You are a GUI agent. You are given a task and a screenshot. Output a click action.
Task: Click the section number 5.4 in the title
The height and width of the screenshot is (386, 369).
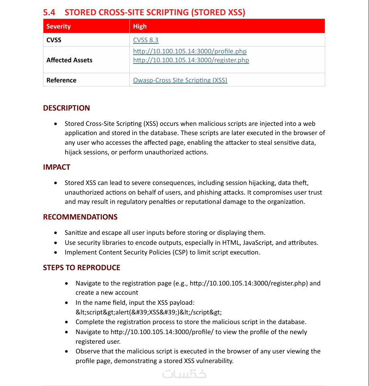click(50, 12)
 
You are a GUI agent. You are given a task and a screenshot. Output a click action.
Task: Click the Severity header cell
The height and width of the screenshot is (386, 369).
click(58, 27)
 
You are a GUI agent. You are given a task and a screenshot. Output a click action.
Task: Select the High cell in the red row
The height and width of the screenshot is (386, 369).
click(140, 27)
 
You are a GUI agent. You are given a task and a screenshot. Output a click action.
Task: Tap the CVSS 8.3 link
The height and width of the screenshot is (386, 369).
click(146, 40)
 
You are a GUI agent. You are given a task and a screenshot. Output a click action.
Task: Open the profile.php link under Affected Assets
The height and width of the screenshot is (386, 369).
click(190, 51)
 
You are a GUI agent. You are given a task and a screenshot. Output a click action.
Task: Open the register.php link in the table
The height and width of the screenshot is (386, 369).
click(191, 60)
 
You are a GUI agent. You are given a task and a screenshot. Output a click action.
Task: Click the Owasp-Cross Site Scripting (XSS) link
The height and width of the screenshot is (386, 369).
click(180, 80)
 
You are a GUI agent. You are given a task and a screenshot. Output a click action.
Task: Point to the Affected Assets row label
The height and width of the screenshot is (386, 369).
click(69, 60)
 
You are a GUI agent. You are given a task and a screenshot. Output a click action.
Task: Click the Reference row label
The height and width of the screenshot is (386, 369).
click(61, 80)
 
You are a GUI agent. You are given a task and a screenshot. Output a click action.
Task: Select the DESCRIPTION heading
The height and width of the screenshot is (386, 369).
click(66, 108)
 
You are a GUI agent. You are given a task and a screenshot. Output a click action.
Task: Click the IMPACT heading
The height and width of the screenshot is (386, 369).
click(57, 167)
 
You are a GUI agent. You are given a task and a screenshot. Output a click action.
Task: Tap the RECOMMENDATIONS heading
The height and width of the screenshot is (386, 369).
click(80, 217)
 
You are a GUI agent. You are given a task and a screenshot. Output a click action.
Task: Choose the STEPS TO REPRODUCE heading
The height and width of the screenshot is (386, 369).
click(82, 267)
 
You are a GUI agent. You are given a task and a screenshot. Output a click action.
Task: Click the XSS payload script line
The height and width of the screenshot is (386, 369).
click(149, 312)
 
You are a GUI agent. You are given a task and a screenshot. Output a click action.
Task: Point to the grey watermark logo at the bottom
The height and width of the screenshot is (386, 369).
click(184, 374)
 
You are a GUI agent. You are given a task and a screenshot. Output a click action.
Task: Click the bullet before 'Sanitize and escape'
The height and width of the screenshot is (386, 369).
click(55, 233)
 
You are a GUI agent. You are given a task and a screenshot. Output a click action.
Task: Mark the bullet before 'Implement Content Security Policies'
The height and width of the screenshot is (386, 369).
click(55, 253)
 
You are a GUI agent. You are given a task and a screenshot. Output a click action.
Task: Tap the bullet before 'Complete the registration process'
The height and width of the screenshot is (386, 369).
click(66, 322)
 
